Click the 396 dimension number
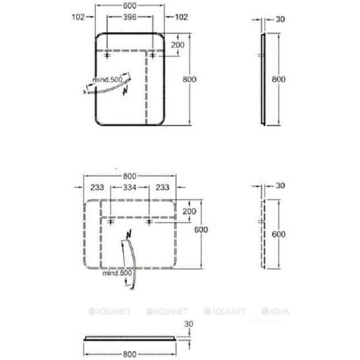click(x=130, y=17)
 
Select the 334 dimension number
click(x=130, y=187)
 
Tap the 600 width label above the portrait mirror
click(x=130, y=6)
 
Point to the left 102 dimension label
click(x=78, y=17)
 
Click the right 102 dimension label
click(x=181, y=17)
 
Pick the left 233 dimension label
click(x=97, y=187)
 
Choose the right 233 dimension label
click(x=162, y=187)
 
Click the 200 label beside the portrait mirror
click(x=178, y=45)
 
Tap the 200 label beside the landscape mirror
click(x=190, y=211)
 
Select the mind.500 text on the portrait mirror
click(x=108, y=80)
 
